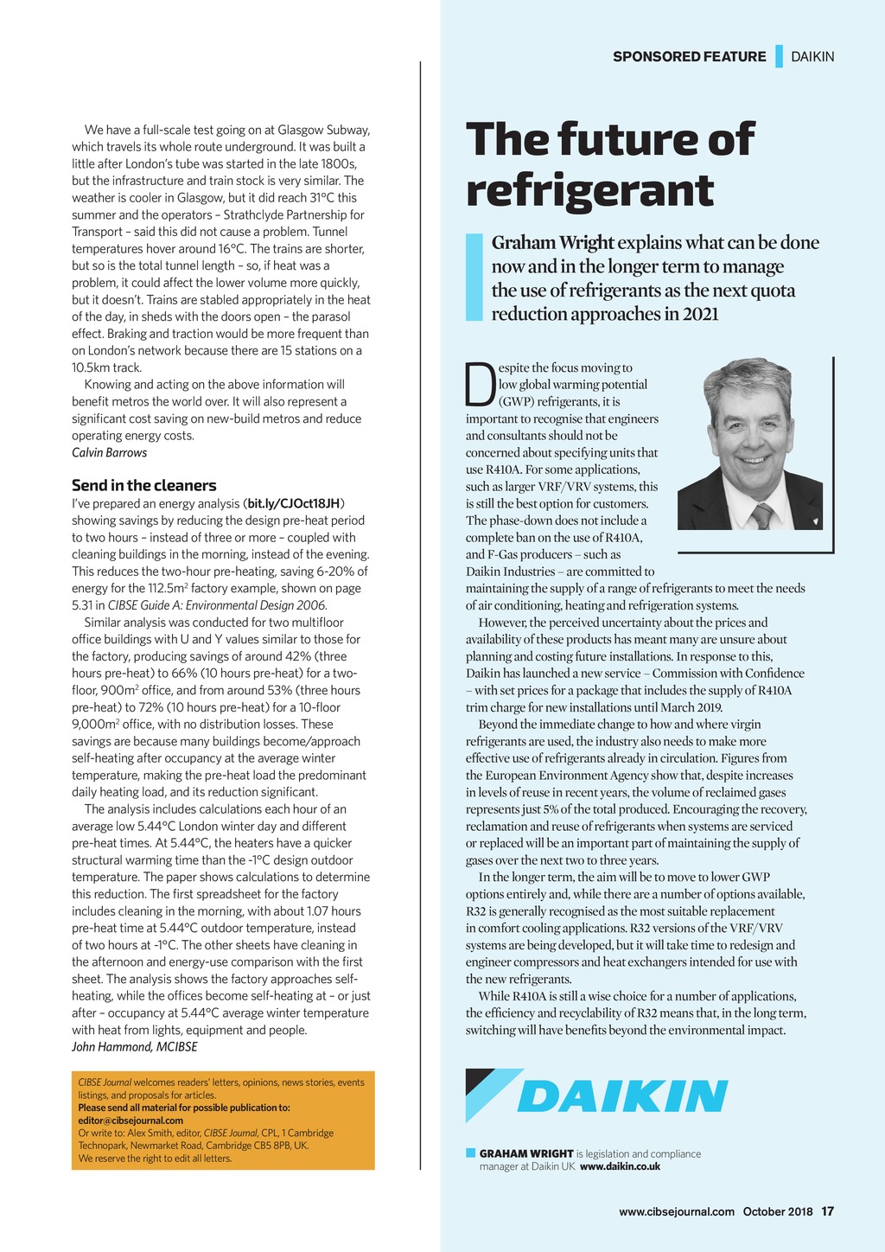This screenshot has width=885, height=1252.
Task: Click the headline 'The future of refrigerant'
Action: pyautogui.click(x=609, y=164)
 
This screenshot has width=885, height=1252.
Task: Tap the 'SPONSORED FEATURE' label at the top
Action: pyautogui.click(x=689, y=57)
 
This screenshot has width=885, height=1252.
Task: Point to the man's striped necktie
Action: pyautogui.click(x=762, y=516)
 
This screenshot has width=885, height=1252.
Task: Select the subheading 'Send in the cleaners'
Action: pyautogui.click(x=143, y=485)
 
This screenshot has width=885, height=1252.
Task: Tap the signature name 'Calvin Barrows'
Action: pyautogui.click(x=109, y=453)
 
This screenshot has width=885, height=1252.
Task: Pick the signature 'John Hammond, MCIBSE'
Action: pyautogui.click(x=134, y=1047)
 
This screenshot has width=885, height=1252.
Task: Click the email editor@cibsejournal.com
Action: pyautogui.click(x=131, y=1121)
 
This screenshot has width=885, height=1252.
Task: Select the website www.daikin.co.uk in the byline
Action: pyautogui.click(x=620, y=1166)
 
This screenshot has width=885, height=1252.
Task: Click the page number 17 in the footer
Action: pyautogui.click(x=827, y=1211)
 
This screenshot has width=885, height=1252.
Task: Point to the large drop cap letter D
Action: pyautogui.click(x=480, y=385)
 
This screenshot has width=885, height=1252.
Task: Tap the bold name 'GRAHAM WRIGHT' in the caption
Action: pyautogui.click(x=526, y=1153)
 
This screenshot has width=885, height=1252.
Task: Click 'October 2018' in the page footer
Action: pyautogui.click(x=778, y=1211)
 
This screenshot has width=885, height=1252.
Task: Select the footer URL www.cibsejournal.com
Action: pyautogui.click(x=676, y=1211)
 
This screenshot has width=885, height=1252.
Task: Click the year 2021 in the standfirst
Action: pyautogui.click(x=700, y=314)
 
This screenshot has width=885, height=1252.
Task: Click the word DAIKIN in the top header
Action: pyautogui.click(x=812, y=57)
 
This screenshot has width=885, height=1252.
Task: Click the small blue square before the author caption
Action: pyautogui.click(x=471, y=1153)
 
